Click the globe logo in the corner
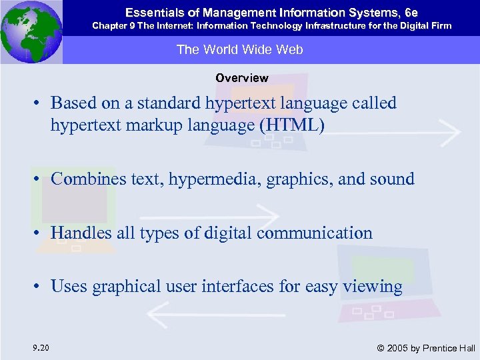click(x=31, y=31)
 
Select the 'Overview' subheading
click(x=241, y=78)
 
